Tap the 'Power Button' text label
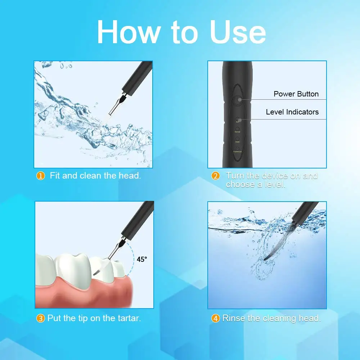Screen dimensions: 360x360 (296, 94)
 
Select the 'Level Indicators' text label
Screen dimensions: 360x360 (292, 112)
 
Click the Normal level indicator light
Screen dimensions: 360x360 (238, 129)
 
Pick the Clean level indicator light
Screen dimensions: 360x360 (238, 139)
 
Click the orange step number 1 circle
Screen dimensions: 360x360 (41, 176)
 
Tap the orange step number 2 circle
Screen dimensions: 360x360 (216, 176)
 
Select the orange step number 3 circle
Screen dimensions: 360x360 (41, 318)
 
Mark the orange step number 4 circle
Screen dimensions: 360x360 (215, 318)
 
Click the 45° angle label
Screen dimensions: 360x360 (142, 259)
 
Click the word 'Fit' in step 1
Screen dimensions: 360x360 (54, 176)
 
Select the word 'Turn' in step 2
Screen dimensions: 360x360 (235, 176)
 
